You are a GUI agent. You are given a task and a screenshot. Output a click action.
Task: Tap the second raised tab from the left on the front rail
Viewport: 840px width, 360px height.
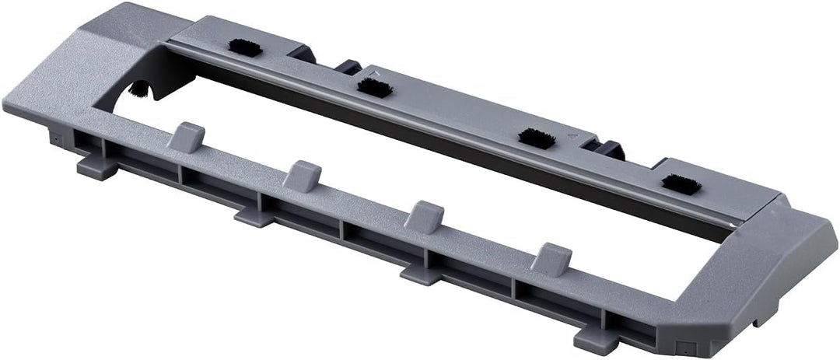pyautogui.click(x=302, y=176)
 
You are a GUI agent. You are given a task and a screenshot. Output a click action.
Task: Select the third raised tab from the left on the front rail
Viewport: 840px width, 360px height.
pyautogui.click(x=424, y=215)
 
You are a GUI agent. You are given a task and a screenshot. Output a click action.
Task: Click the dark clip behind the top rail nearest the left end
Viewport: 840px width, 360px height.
pyautogui.click(x=305, y=54)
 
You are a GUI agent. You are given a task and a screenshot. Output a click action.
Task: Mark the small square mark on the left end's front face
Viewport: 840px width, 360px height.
pyautogui.click(x=57, y=140)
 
